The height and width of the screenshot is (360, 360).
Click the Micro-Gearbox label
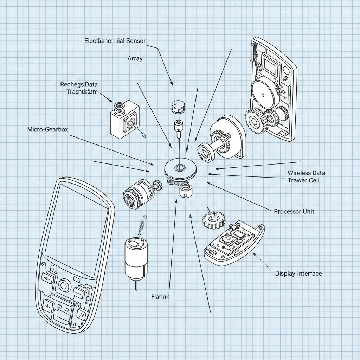click(47, 129)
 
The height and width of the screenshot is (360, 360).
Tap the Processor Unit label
click(294, 211)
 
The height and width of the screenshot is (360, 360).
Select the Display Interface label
click(298, 273)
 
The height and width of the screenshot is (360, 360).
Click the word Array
click(135, 58)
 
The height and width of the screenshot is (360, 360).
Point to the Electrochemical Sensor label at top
click(115, 41)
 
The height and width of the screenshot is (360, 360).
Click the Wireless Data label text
click(306, 173)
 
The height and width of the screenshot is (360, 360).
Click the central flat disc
click(180, 168)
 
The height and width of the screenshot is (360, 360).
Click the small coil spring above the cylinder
click(142, 225)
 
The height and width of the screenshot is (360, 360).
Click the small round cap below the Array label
click(177, 107)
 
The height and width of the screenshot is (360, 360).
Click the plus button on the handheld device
click(47, 307)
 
